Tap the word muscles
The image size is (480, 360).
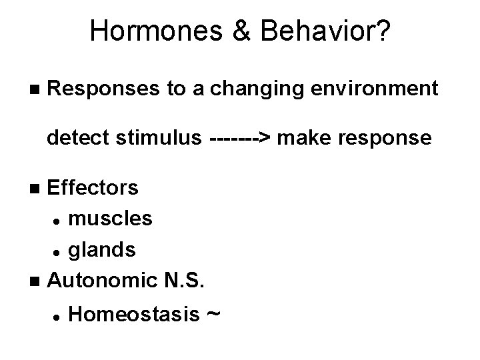(111, 218)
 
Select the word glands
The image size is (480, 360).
(103, 249)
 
